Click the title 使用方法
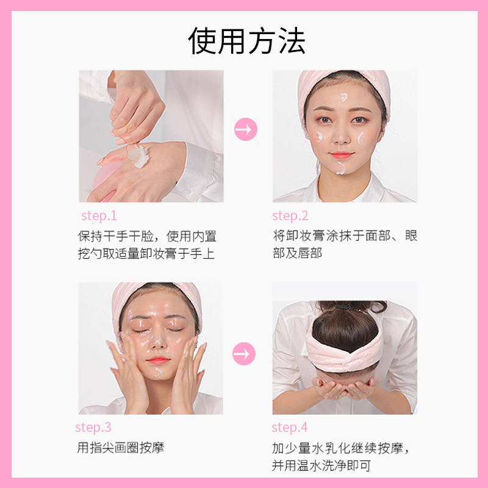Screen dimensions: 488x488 pyautogui.click(x=247, y=41)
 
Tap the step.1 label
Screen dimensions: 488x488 pyautogui.click(x=99, y=216)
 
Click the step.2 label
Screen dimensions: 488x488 pyautogui.click(x=290, y=216)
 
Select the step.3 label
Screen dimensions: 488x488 pyautogui.click(x=93, y=428)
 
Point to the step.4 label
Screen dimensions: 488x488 pyautogui.click(x=290, y=428)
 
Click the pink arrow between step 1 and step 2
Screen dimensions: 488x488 pyautogui.click(x=246, y=129)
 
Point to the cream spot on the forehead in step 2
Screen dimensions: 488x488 pyautogui.click(x=345, y=97)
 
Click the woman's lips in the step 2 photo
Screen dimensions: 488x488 pyautogui.click(x=342, y=156)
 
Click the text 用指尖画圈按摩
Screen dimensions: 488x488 pyautogui.click(x=121, y=448)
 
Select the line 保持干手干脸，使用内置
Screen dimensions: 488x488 pyautogui.click(x=147, y=236)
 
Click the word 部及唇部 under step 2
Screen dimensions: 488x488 pyautogui.click(x=297, y=253)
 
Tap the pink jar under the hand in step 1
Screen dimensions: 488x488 pyautogui.click(x=104, y=180)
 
